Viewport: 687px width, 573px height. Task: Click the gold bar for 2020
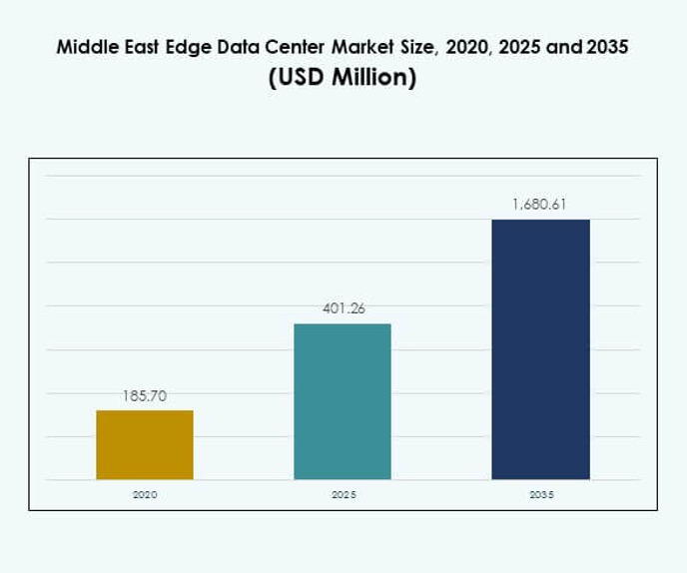point(145,445)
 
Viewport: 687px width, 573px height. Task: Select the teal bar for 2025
point(343,401)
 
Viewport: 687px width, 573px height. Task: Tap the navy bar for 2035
point(540,349)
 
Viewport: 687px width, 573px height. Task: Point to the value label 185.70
point(145,396)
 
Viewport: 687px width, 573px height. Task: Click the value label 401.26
point(343,308)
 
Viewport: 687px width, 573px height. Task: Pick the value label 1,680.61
point(540,205)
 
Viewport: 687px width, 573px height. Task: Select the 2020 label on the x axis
point(145,495)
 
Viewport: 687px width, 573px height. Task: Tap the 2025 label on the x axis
point(343,495)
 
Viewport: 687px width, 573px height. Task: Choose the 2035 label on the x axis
point(540,495)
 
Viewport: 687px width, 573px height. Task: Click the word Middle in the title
point(85,47)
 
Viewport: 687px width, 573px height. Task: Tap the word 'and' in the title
point(566,47)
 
